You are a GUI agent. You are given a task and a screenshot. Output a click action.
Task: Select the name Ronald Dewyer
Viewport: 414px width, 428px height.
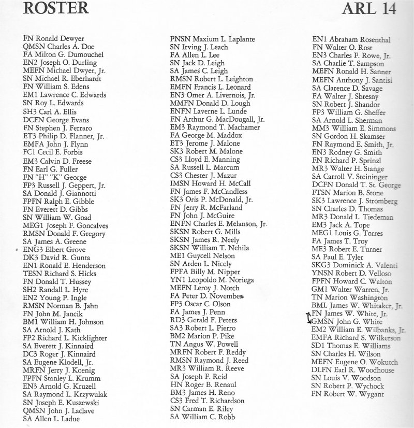point(54,38)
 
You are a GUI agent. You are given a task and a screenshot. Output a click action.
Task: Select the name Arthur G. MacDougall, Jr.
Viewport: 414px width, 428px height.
point(217,119)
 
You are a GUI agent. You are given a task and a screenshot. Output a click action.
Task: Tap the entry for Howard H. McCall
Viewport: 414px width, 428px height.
point(210,183)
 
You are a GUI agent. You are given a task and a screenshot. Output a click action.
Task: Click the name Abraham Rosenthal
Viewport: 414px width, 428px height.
point(351,39)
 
